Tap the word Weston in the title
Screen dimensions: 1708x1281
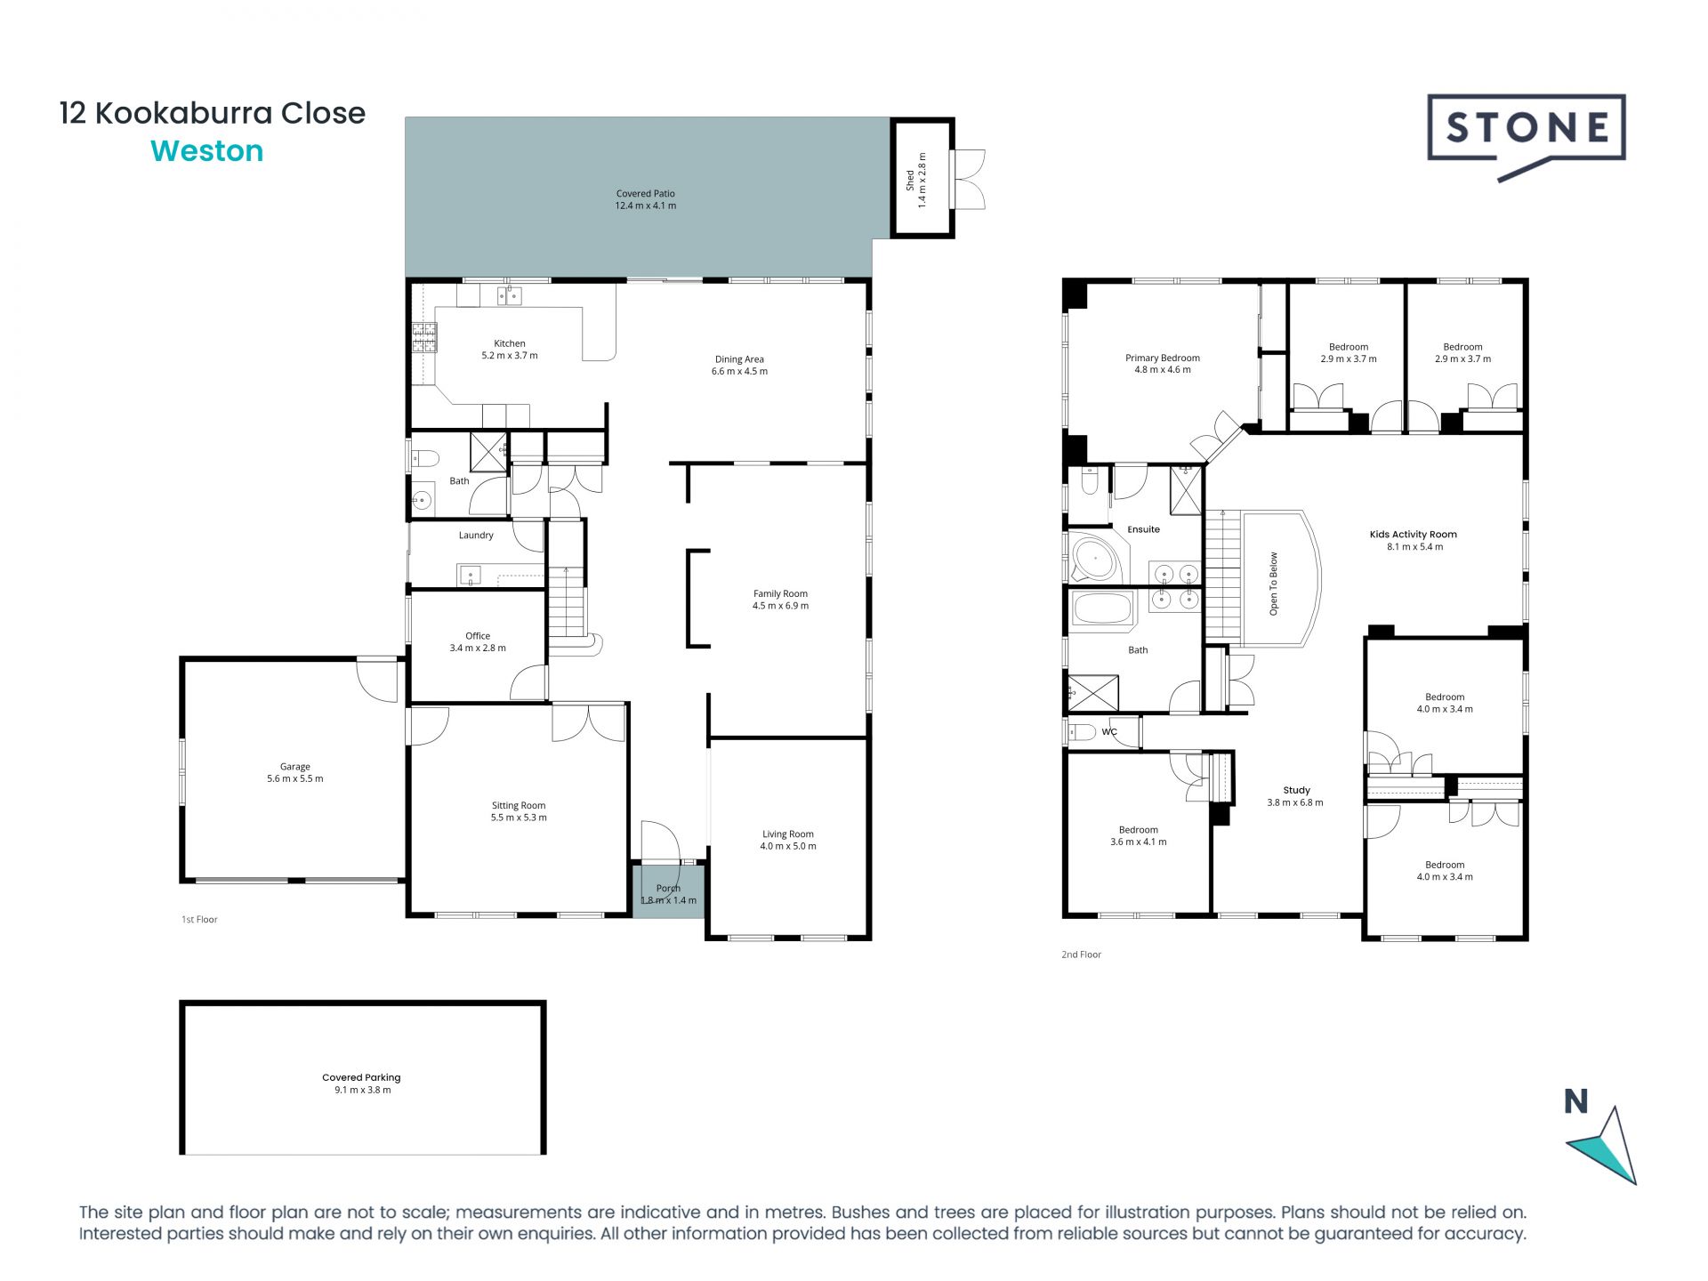[x=207, y=151]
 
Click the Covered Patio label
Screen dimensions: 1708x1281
[x=646, y=193]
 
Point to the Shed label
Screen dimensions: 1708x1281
[x=910, y=181]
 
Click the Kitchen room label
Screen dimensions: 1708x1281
[x=510, y=343]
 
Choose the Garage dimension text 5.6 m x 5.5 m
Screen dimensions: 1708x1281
[x=295, y=778]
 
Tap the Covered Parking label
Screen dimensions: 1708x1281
[x=361, y=1077]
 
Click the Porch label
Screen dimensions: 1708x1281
[x=668, y=888]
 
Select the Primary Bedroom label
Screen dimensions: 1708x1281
[x=1163, y=359]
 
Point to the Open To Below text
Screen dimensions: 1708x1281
[x=1273, y=584]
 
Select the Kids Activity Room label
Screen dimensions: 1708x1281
[x=1414, y=535]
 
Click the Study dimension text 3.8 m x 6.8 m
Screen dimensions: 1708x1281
[x=1295, y=802]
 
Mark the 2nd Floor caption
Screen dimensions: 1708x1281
[x=1081, y=955]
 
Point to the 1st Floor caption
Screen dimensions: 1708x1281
[x=199, y=920]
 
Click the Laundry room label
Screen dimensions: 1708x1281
[x=476, y=536]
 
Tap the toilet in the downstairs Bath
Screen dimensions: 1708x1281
[x=426, y=459]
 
